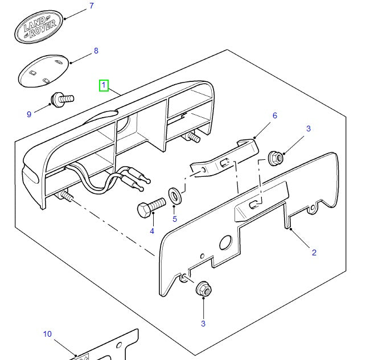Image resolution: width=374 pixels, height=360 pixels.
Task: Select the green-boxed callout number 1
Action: pyautogui.click(x=104, y=85)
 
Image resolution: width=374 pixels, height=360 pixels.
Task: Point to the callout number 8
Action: pyautogui.click(x=96, y=51)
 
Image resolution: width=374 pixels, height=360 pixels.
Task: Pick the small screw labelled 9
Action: pyautogui.click(x=62, y=100)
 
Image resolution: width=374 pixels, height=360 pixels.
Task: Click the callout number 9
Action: pyautogui.click(x=29, y=114)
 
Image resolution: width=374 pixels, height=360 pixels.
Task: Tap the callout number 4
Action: pyautogui.click(x=152, y=231)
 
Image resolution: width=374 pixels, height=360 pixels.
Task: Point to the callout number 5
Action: pyautogui.click(x=175, y=218)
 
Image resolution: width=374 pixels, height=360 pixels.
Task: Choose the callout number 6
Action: pyautogui.click(x=274, y=115)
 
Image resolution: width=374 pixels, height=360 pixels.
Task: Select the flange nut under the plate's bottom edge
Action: pyautogui.click(x=203, y=289)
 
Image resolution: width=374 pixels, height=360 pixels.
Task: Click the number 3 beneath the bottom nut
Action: pyautogui.click(x=203, y=324)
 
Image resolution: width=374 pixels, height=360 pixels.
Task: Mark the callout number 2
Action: pyautogui.click(x=314, y=253)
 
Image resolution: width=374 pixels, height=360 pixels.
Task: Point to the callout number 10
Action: pyautogui.click(x=47, y=334)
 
